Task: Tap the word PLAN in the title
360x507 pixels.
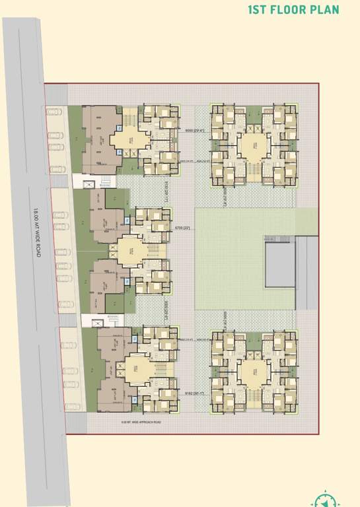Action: tap(326, 10)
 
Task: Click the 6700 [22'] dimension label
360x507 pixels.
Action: tap(182, 227)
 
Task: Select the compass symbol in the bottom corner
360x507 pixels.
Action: tap(324, 499)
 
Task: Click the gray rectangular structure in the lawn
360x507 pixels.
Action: tap(280, 264)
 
